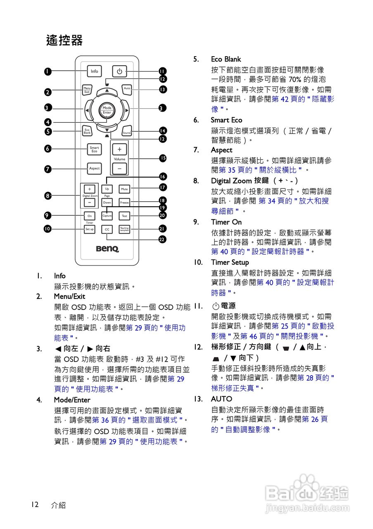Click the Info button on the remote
95,71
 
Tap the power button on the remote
119,71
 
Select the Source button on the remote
127,131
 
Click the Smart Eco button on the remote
95,149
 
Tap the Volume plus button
119,149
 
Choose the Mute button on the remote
124,189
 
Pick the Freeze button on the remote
124,203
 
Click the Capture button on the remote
107,216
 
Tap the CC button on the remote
107,229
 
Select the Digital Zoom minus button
90,203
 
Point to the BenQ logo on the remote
107,249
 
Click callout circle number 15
163,158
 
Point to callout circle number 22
163,239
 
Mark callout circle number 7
48,169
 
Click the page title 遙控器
64,40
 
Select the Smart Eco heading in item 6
226,120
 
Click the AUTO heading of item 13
221,399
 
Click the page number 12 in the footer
35,504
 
